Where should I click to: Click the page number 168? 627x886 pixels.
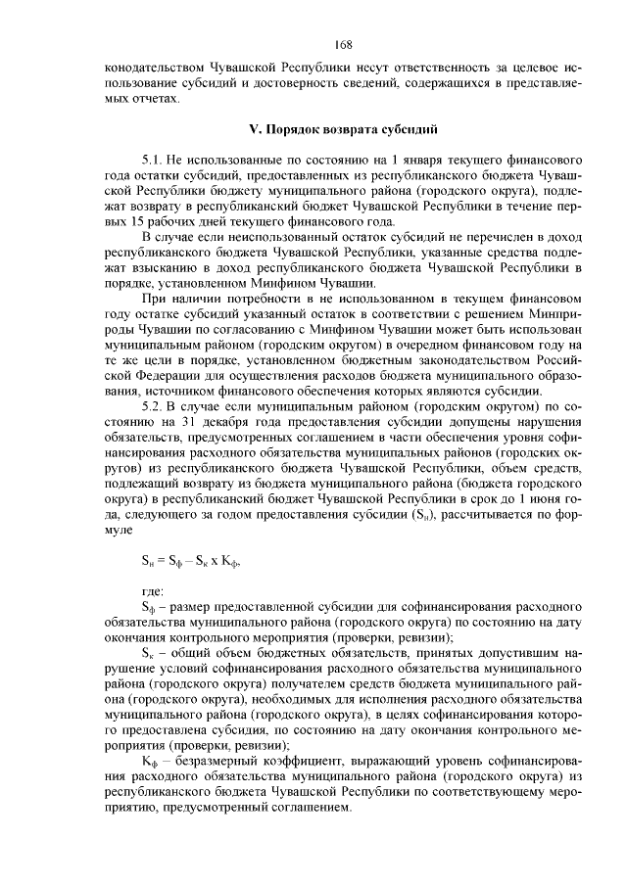click(343, 44)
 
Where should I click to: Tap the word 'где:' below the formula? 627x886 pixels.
click(154, 592)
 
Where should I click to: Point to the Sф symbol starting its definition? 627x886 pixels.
click(149, 608)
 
